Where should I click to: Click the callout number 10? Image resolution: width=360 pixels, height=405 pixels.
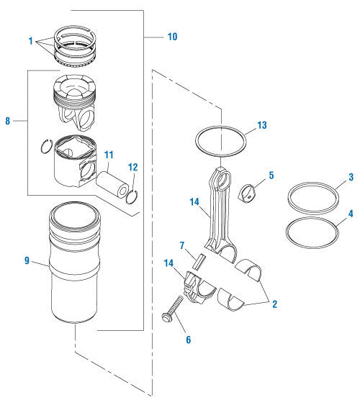[172, 35]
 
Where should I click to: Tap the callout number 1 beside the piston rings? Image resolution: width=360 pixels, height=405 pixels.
[31, 42]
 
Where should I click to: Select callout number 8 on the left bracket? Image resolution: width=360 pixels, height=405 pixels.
[8, 122]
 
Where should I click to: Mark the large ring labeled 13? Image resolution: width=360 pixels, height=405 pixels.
[222, 142]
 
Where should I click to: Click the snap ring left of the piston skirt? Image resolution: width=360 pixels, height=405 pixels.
[47, 147]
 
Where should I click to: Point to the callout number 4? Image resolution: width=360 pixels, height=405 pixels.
[351, 214]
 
